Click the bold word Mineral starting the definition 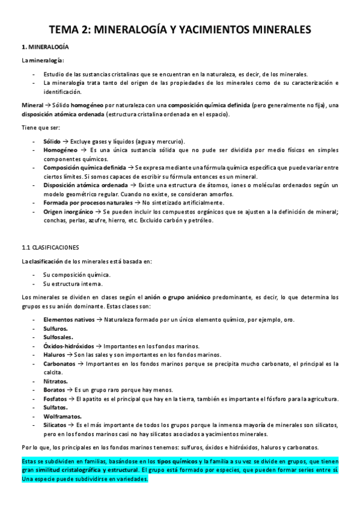(x=32, y=105)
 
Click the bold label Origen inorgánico (x=69, y=212)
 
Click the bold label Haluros (x=55, y=355)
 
